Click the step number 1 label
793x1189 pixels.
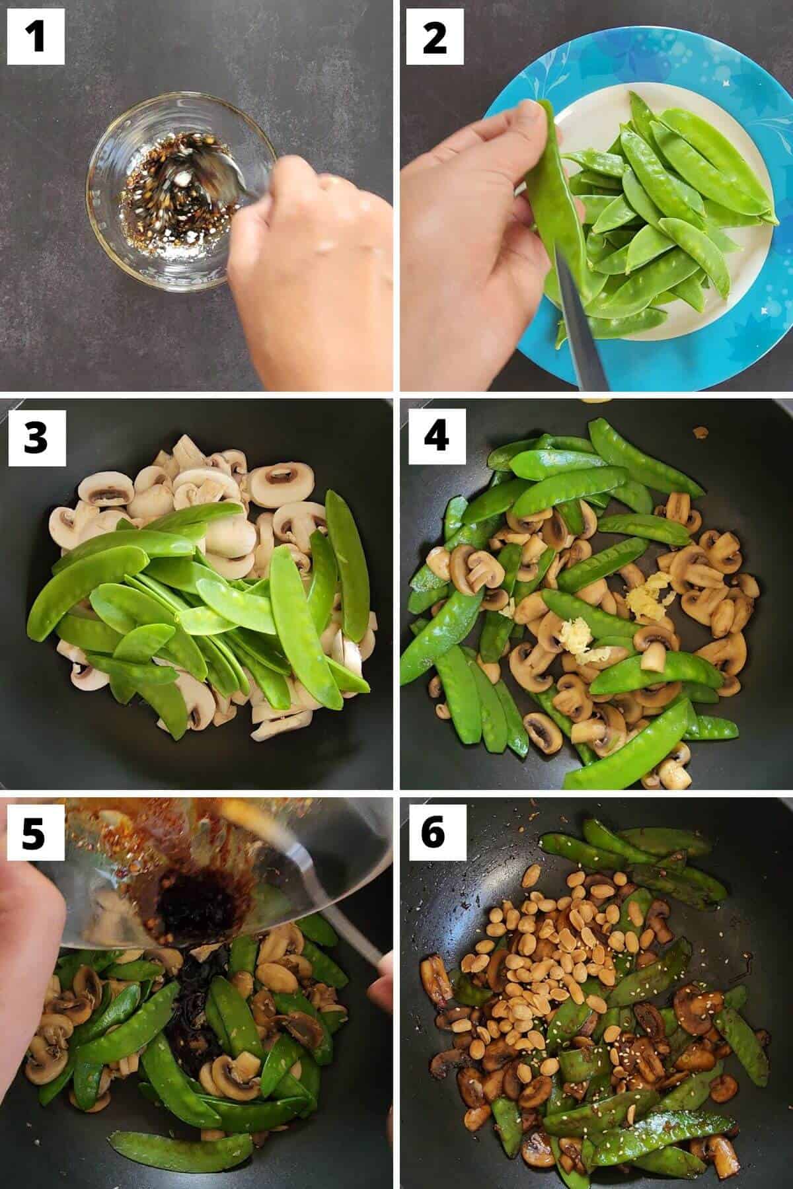(36, 36)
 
